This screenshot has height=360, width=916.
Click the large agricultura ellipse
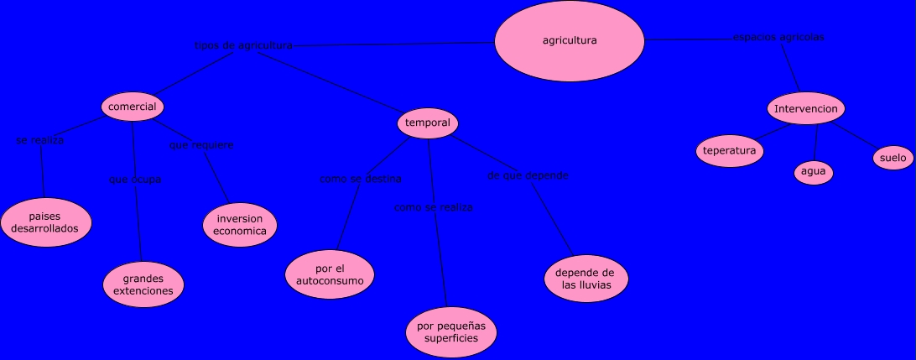(x=570, y=40)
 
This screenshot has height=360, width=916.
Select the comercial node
(x=133, y=107)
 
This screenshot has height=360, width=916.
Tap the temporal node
(x=428, y=123)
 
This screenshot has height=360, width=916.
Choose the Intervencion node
(x=805, y=109)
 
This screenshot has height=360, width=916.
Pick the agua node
(x=814, y=172)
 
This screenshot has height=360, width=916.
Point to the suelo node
(x=893, y=157)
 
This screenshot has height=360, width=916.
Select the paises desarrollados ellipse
(x=45, y=222)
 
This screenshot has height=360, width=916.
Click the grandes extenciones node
(x=143, y=284)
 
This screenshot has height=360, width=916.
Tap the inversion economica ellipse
(x=240, y=225)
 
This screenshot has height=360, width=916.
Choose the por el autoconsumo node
(x=330, y=274)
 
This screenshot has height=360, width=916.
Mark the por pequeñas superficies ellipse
(x=451, y=332)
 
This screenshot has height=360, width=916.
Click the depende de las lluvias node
(x=586, y=279)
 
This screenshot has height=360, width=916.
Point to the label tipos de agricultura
(x=243, y=45)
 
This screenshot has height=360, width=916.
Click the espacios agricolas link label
(x=778, y=37)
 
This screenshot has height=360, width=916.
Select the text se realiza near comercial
(x=40, y=140)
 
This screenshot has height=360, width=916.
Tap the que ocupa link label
(x=135, y=180)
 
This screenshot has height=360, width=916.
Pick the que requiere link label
(x=201, y=145)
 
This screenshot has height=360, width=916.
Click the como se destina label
(x=361, y=179)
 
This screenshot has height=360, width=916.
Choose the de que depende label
(x=528, y=175)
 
